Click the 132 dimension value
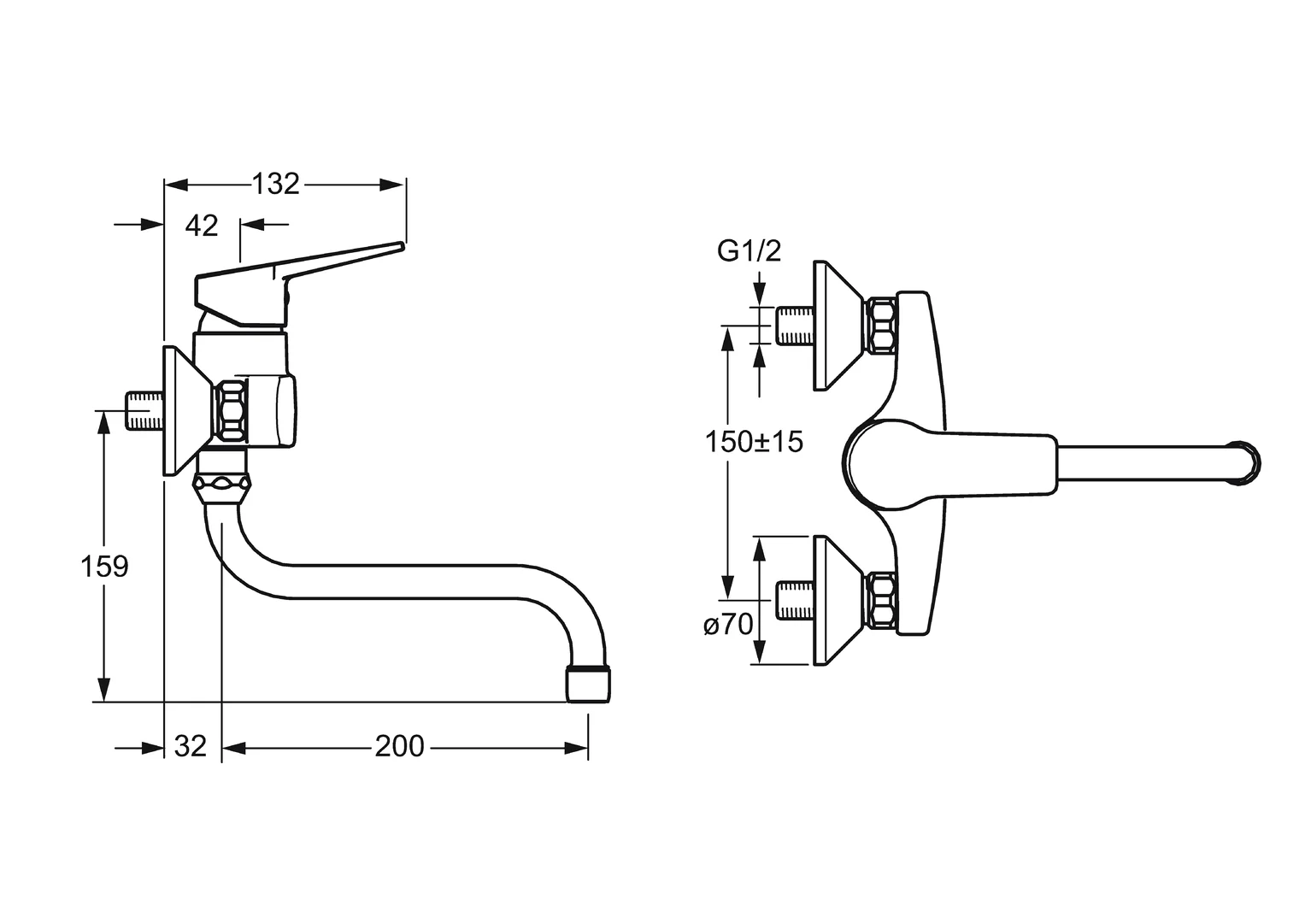tap(275, 184)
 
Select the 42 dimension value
tap(202, 226)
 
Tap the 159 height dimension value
tap(104, 566)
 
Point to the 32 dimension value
tap(190, 746)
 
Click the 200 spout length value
tap(399, 746)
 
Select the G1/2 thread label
tap(749, 251)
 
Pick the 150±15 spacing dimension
tap(754, 442)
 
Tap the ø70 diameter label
tap(728, 625)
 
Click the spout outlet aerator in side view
tap(588, 684)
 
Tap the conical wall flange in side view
tap(184, 411)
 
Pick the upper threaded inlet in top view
tap(794, 326)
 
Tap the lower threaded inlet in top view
tap(794, 601)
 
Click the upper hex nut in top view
tap(880, 326)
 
